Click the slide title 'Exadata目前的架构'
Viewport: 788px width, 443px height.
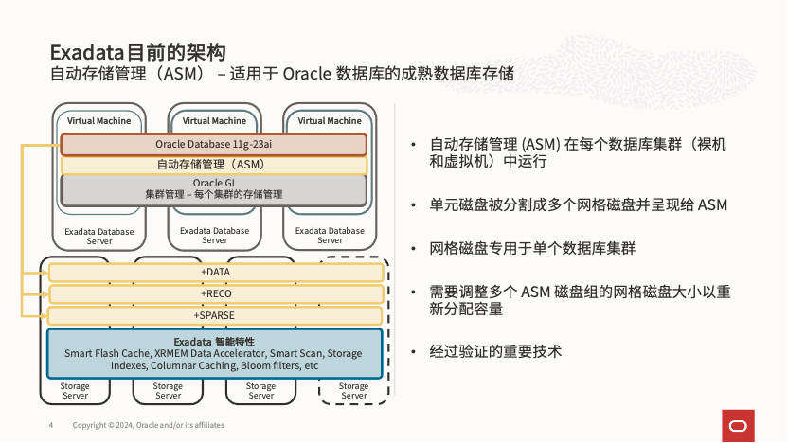[x=137, y=50]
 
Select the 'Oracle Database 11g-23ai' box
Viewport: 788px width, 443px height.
[x=213, y=145]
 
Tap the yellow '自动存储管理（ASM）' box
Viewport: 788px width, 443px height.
[x=213, y=165]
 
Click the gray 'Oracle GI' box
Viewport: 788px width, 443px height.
[x=213, y=188]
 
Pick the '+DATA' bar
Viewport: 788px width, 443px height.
[x=215, y=273]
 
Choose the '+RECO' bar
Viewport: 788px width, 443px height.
[x=215, y=293]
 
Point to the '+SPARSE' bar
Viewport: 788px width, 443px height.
[x=215, y=314]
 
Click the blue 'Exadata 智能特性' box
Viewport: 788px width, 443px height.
[x=214, y=353]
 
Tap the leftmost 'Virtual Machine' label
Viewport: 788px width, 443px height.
[x=98, y=121]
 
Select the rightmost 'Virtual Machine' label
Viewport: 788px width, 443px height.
[x=330, y=121]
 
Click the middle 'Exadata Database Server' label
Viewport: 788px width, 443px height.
[x=215, y=235]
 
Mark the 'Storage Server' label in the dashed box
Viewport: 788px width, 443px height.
[x=354, y=390]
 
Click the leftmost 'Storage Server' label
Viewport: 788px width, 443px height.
[x=76, y=390]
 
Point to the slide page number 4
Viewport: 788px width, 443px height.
[x=50, y=425]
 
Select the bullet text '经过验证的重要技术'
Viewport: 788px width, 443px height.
[x=495, y=351]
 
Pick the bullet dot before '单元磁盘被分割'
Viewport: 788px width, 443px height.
[x=413, y=205]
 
